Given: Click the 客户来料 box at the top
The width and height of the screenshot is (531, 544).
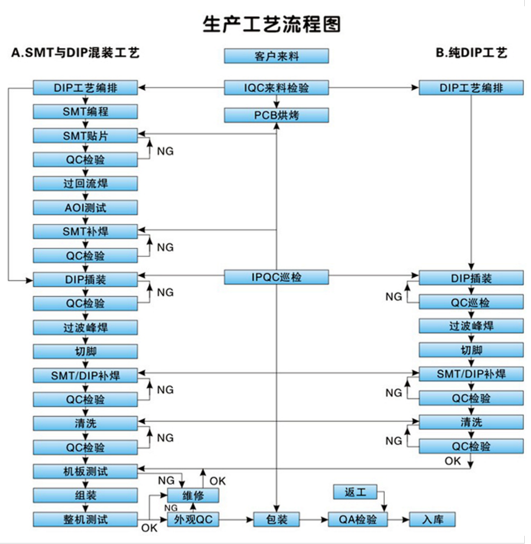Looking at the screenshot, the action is point(276,56).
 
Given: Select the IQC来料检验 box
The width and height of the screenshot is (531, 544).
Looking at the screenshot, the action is point(276,88).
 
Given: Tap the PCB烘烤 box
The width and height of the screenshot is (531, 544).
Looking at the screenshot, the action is point(276,115).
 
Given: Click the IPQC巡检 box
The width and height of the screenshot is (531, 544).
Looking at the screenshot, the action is point(276,277).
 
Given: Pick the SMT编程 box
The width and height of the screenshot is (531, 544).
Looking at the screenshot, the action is point(85,112).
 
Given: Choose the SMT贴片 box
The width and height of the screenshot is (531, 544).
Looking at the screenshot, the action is point(85,136).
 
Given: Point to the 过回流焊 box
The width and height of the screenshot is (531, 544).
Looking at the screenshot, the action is point(85,184).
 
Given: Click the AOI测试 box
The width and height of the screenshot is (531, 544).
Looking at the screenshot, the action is point(85,207).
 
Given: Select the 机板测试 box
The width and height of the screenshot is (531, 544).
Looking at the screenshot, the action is point(85,471).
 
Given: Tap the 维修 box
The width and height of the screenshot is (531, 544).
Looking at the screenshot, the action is point(193,495).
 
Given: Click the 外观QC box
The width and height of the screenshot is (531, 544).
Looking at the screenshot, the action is point(193,519).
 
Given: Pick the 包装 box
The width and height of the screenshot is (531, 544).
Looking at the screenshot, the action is point(277,519).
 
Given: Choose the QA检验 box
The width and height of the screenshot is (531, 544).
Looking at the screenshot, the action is point(358,519).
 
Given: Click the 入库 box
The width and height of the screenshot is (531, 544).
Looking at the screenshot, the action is point(432,519).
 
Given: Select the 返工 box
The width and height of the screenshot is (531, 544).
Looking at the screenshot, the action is point(355,493).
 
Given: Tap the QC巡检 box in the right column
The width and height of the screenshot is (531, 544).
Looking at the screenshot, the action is point(471,302).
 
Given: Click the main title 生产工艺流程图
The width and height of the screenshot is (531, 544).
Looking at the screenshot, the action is point(272,24).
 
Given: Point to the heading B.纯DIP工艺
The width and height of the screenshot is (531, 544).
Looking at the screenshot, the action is point(471,53).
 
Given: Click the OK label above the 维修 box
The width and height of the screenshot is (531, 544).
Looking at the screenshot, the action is point(218,481).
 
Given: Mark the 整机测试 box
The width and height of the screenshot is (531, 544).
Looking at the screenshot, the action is point(85,519).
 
